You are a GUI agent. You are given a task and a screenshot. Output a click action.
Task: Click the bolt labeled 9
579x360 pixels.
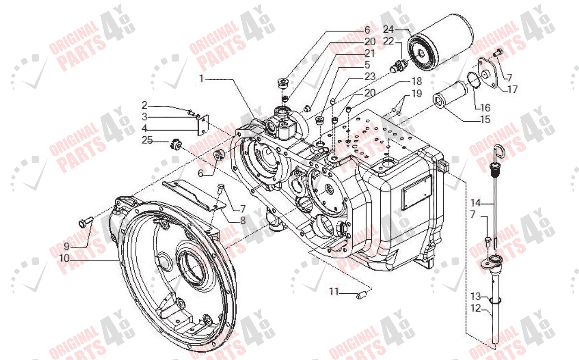click(84, 223)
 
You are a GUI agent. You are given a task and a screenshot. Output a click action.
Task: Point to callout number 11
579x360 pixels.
click(333, 292)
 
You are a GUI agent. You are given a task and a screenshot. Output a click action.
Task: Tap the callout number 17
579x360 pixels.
click(512, 90)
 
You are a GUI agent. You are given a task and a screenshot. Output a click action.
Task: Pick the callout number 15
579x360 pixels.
click(485, 119)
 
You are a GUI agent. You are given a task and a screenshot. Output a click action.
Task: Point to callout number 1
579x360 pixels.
click(201, 79)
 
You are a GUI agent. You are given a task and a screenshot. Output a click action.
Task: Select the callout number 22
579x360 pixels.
click(389, 41)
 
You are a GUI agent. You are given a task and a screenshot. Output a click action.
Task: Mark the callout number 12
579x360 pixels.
click(475, 308)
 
